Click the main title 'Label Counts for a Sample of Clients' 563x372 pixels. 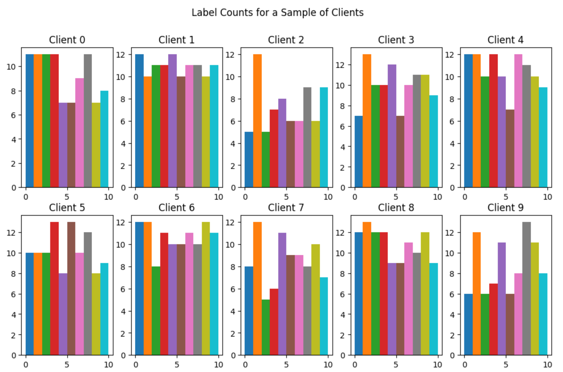pos(278,13)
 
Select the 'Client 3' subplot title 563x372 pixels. pos(396,40)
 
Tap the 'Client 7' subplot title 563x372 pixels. pos(286,208)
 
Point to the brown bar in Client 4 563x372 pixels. pos(510,148)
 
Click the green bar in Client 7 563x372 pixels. pos(266,327)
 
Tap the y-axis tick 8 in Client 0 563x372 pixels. pos(14,91)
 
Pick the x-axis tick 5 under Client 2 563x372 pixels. pos(286,197)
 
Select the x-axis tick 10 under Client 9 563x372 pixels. pos(547,364)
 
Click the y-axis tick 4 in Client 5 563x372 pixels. pos(14,315)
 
